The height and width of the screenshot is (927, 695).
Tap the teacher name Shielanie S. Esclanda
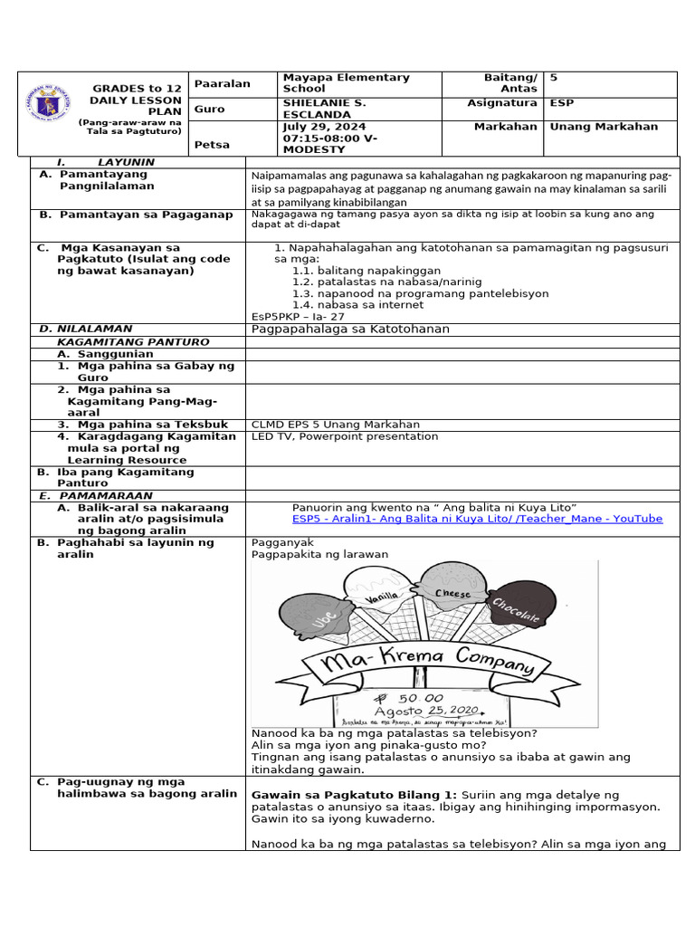[324, 109]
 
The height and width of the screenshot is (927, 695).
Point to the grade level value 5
[554, 78]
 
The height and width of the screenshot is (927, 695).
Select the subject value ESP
[562, 103]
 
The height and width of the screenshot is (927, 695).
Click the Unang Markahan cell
[604, 127]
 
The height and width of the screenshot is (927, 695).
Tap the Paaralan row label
[222, 83]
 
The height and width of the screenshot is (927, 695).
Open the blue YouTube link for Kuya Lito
[477, 519]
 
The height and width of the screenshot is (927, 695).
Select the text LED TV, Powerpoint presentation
[344, 436]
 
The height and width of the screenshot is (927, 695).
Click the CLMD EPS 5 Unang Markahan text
[335, 424]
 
